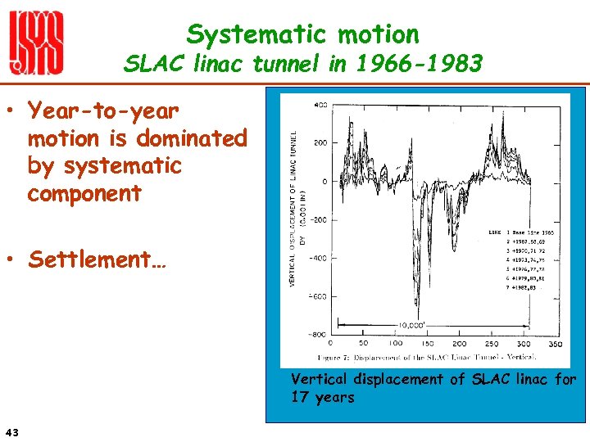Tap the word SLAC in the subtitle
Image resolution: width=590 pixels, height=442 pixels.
[155, 64]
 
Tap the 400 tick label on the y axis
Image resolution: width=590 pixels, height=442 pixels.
[320, 105]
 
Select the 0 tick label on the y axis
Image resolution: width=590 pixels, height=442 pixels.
[324, 182]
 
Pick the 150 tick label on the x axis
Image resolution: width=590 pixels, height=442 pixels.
[428, 344]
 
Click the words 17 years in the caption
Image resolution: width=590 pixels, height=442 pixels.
[323, 398]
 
